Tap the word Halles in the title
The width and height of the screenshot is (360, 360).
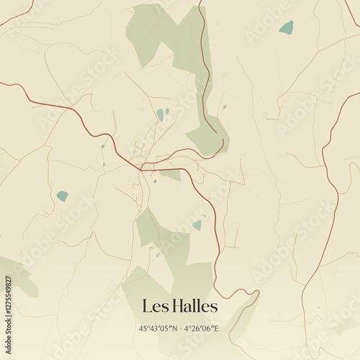click(x=192, y=307)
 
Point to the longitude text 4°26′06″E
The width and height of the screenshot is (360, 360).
click(x=202, y=328)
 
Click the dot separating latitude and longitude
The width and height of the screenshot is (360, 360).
click(x=181, y=328)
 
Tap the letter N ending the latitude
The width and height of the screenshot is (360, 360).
click(x=175, y=328)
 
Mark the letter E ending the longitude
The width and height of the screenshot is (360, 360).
click(x=218, y=328)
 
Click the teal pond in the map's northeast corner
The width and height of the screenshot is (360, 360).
click(x=287, y=27)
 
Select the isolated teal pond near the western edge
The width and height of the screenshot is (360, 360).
click(x=63, y=195)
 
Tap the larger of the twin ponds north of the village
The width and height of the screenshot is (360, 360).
click(x=160, y=114)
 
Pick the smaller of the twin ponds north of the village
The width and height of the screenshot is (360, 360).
click(x=167, y=112)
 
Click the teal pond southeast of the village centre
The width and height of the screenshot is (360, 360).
click(x=197, y=225)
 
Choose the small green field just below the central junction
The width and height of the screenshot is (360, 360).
click(x=171, y=174)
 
